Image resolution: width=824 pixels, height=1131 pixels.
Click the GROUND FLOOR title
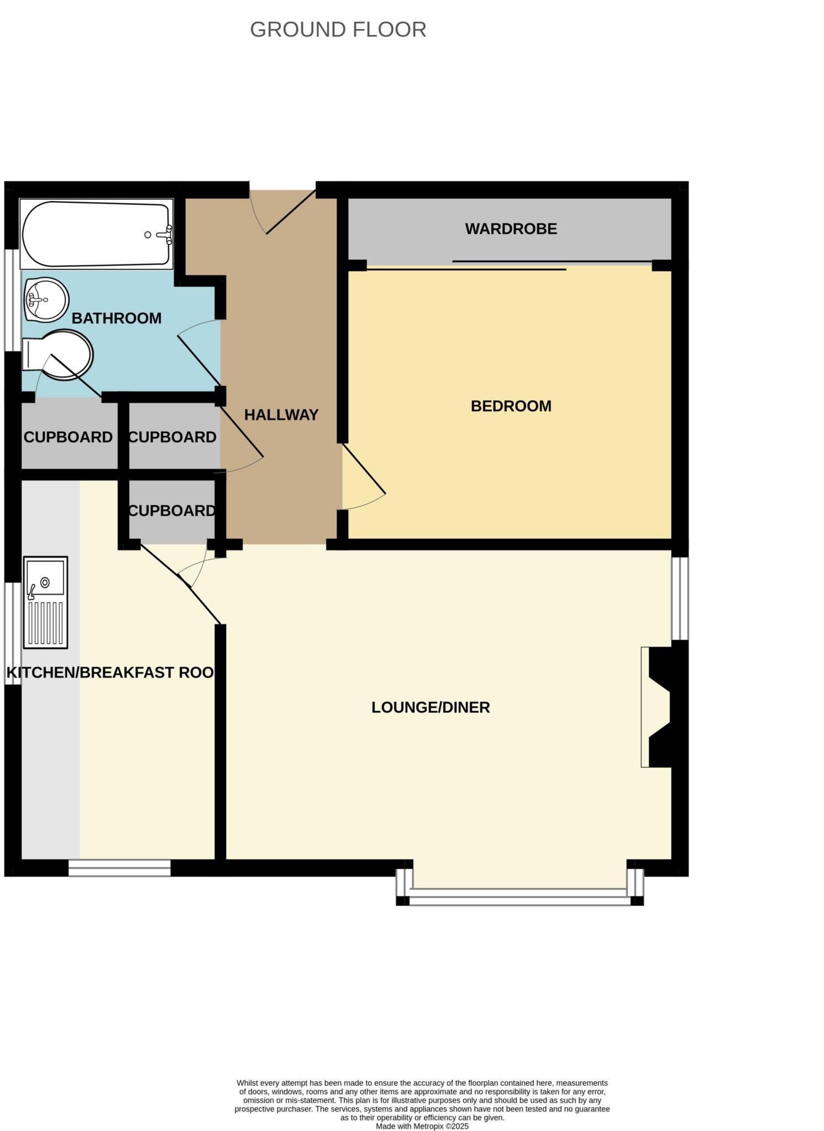338,29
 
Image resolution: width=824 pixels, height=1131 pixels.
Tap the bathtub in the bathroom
96,235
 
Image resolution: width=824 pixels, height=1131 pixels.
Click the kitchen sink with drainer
45,602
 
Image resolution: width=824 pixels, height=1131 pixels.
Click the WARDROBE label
511,229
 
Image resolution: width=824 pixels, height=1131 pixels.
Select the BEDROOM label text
511,406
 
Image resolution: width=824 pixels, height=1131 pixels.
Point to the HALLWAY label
281,415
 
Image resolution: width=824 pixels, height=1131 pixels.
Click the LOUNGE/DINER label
431,707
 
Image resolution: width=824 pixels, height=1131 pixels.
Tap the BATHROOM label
116,318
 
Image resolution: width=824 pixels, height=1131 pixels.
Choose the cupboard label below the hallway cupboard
171,511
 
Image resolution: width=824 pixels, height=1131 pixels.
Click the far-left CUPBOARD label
68,437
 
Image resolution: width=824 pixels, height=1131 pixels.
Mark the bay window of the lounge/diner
519,895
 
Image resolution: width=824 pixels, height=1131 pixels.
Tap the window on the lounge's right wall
680,598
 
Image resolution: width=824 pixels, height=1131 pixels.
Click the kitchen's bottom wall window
119,868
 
